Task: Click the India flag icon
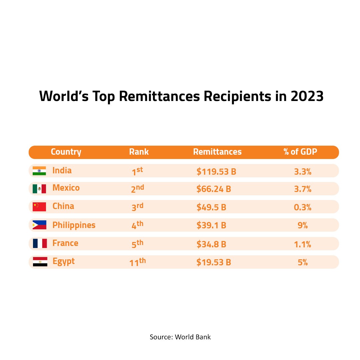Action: [39, 171]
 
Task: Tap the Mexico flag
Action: [39, 189]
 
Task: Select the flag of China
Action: [39, 207]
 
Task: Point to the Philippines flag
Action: [39, 225]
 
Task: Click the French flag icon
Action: [40, 243]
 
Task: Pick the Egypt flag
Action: [40, 262]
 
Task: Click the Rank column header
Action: [139, 152]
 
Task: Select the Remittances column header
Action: [217, 152]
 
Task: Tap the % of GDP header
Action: [300, 152]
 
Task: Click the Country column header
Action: [66, 152]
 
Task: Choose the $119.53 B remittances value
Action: [216, 172]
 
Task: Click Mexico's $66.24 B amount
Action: [214, 189]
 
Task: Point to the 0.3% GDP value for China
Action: [303, 207]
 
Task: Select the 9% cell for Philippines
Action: [303, 226]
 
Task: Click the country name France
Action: [65, 243]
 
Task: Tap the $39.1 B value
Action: [211, 226]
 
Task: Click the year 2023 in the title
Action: [307, 96]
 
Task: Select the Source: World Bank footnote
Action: [180, 337]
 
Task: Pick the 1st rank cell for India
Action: [137, 171]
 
